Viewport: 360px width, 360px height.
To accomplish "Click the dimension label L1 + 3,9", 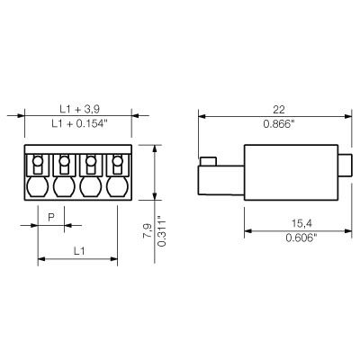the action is (x=79, y=109).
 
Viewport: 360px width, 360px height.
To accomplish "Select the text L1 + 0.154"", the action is (x=79, y=123).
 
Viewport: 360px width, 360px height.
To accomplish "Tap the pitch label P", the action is (x=51, y=217).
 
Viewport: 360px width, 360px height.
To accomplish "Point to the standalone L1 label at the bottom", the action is (x=79, y=251).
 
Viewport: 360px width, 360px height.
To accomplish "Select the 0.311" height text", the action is (x=161, y=230).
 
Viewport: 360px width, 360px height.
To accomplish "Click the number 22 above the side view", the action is (x=279, y=110).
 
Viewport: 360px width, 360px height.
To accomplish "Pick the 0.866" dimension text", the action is (x=279, y=123).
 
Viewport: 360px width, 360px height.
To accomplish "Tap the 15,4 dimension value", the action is (x=301, y=223).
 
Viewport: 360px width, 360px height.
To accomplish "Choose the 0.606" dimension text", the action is (x=301, y=238).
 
